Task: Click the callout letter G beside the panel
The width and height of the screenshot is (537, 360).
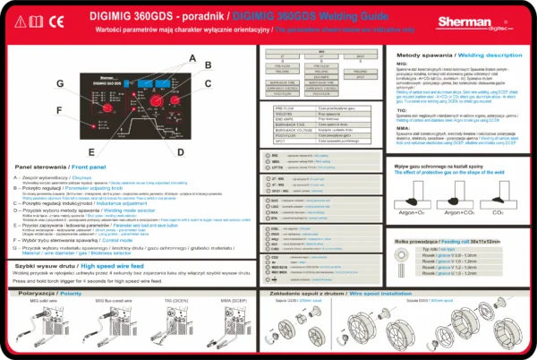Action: coord(61,83)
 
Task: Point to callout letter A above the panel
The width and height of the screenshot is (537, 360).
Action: coord(190,56)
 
